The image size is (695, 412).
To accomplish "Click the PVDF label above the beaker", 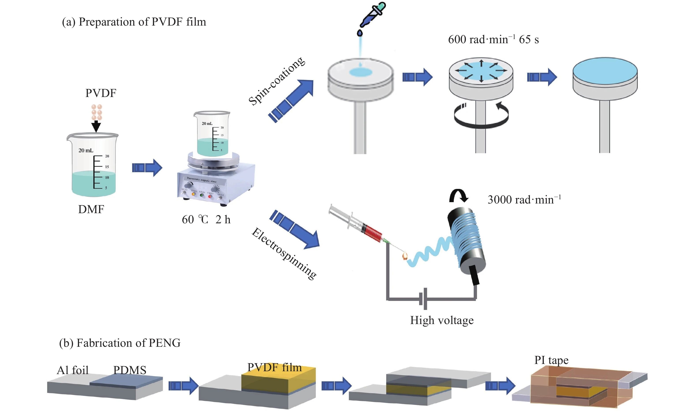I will pyautogui.click(x=101, y=93).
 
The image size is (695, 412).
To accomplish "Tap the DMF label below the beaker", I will pyautogui.click(x=91, y=209).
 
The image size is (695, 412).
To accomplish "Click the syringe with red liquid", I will pyautogui.click(x=359, y=225).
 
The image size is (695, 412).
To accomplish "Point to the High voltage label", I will pyautogui.click(x=442, y=320).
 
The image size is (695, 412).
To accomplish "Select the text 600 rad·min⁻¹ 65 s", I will pyautogui.click(x=493, y=39).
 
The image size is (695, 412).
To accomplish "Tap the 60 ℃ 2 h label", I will pyautogui.click(x=206, y=220).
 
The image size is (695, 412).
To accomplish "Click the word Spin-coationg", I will pyautogui.click(x=276, y=81).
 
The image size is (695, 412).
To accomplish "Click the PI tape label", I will pyautogui.click(x=551, y=360).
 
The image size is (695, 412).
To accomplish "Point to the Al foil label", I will pyautogui.click(x=73, y=370).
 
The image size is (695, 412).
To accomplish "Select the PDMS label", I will pyautogui.click(x=130, y=370).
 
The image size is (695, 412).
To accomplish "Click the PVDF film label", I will pyautogui.click(x=274, y=367).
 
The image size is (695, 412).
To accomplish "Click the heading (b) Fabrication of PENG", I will pyautogui.click(x=120, y=343).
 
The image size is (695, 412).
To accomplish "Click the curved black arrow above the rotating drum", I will pyautogui.click(x=459, y=196).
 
